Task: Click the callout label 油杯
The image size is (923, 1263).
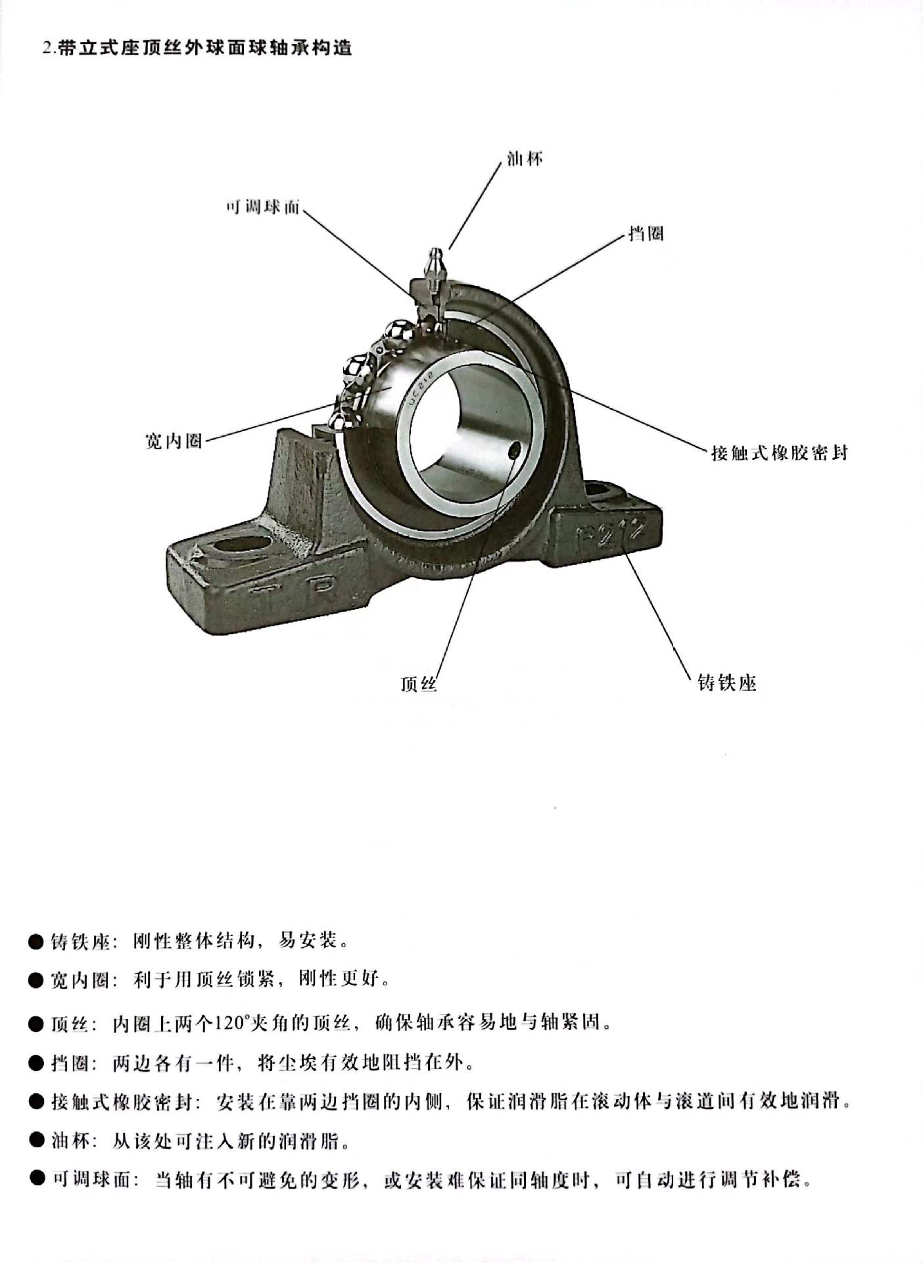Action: click(x=525, y=159)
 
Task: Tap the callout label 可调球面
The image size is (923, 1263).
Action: click(x=263, y=208)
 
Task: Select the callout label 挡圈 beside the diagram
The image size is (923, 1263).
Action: click(x=646, y=234)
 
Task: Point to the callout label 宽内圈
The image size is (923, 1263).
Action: click(x=174, y=440)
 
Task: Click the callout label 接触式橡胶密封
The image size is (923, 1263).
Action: click(x=780, y=453)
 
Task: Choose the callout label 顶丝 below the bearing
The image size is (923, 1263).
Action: click(x=419, y=684)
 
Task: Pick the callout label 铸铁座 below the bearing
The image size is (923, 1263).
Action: click(x=727, y=683)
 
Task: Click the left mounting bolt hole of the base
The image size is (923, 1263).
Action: click(x=243, y=545)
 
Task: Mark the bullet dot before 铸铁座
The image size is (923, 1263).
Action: click(x=35, y=942)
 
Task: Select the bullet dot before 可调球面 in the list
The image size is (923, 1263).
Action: click(x=37, y=1180)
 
